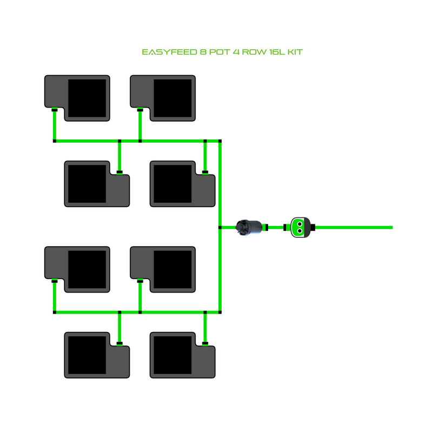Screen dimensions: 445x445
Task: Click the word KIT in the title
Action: pyautogui.click(x=295, y=52)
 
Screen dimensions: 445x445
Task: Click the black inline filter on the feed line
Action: pyautogui.click(x=249, y=227)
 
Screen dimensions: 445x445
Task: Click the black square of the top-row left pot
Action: pyautogui.click(x=87, y=98)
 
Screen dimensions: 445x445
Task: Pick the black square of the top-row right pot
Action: pyautogui.click(x=173, y=98)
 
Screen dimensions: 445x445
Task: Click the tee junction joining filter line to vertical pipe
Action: pyautogui.click(x=220, y=228)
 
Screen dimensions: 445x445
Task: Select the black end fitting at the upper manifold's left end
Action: pyautogui.click(x=55, y=141)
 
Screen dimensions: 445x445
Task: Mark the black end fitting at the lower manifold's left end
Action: pyautogui.click(x=55, y=312)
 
